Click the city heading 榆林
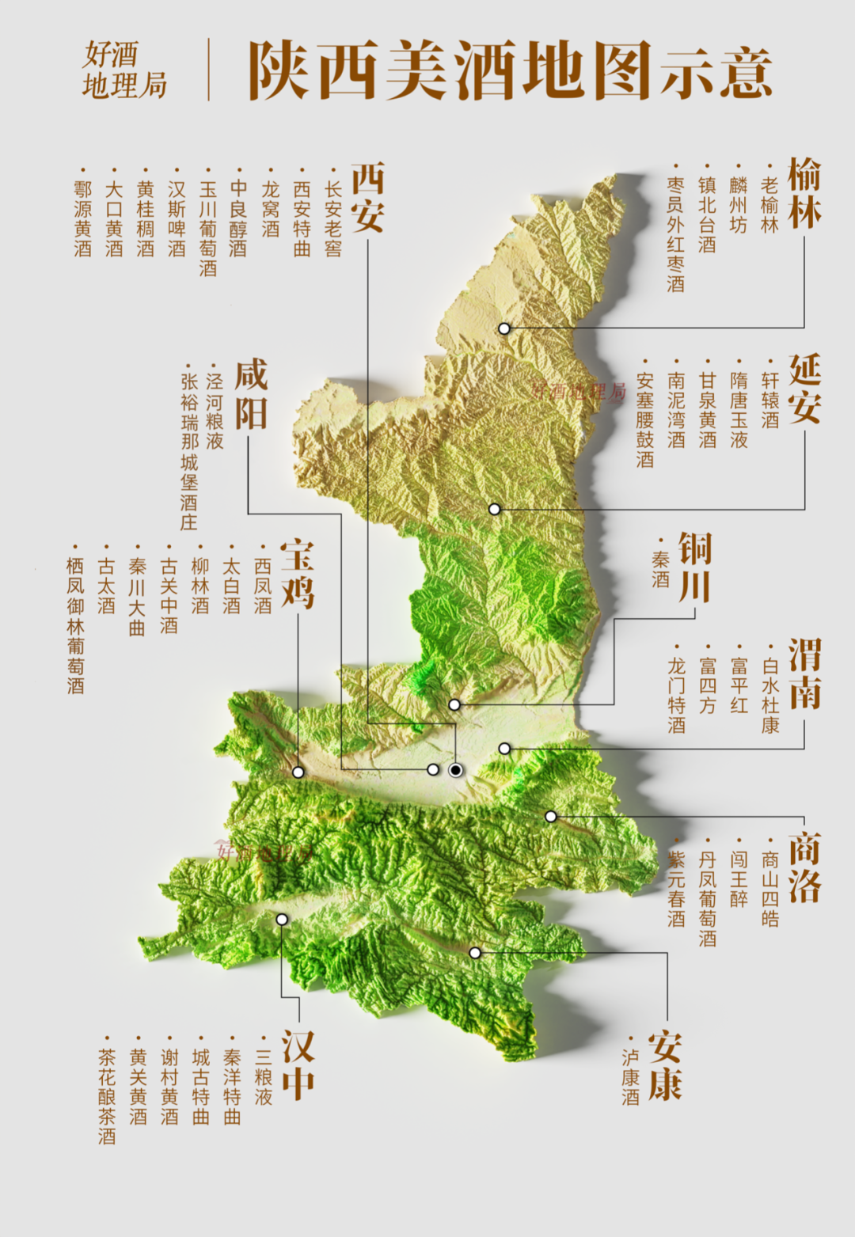click(804, 194)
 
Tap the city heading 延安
click(804, 389)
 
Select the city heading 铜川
click(695, 567)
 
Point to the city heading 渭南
click(804, 674)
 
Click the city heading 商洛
click(804, 867)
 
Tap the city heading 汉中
click(298, 1065)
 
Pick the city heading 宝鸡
click(298, 575)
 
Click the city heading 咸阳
click(251, 394)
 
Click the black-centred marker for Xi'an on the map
click(456, 770)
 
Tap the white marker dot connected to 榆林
click(504, 328)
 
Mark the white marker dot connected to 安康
click(475, 953)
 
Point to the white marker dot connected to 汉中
click(282, 919)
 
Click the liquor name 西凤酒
click(263, 586)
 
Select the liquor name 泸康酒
click(631, 1077)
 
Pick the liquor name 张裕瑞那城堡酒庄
click(188, 451)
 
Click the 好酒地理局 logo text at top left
click(125, 70)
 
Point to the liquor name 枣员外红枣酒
click(675, 234)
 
